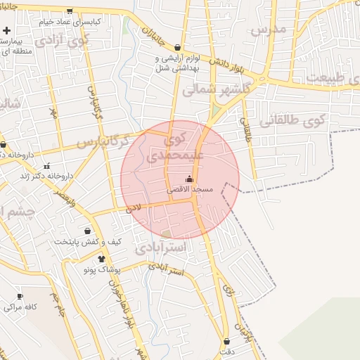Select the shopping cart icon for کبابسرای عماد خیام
point(69,11)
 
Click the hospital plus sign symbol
point(6,31)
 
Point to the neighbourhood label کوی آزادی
point(63,39)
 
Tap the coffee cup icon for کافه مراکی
point(20,296)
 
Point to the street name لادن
point(133,210)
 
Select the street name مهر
point(53,112)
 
